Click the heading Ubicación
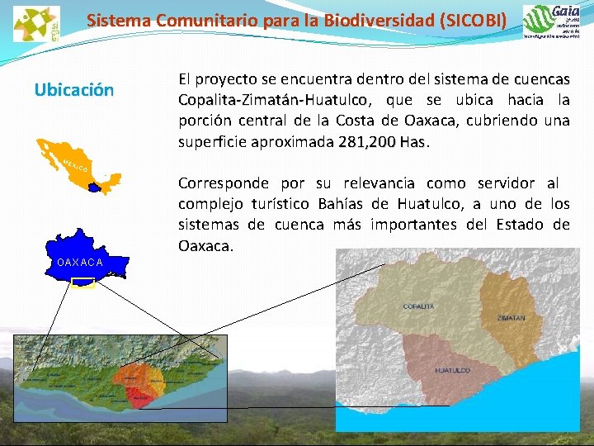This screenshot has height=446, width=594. coord(74,90)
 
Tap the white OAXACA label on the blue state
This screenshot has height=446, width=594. coord(80,263)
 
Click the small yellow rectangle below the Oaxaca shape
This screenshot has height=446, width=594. coord(83,283)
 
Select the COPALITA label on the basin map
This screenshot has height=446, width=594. coord(419,306)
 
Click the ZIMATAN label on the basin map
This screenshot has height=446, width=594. coord(511,317)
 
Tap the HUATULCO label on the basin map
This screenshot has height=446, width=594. coord(453,370)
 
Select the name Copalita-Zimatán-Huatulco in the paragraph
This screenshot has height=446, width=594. coord(273,101)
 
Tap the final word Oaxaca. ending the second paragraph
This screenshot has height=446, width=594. coord(206,246)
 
